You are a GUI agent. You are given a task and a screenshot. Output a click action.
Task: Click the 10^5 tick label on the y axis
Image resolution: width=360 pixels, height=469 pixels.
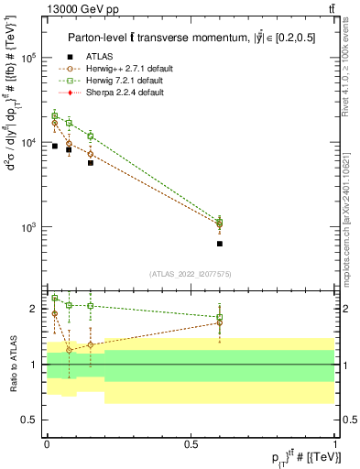tap(30, 58)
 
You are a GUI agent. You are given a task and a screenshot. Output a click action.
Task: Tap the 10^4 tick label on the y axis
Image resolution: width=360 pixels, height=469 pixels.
tap(30, 142)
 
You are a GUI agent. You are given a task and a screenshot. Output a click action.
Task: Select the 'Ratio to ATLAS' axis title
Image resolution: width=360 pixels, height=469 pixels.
tap(12, 364)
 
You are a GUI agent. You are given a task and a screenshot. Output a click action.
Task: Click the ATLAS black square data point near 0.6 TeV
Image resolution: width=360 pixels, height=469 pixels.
tap(220, 244)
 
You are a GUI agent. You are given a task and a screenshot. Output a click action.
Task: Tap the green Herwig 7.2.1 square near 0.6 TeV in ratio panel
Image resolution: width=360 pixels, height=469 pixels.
tap(220, 318)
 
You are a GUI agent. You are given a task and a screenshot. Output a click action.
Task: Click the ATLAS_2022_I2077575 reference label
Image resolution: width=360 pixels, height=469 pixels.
tap(191, 273)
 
